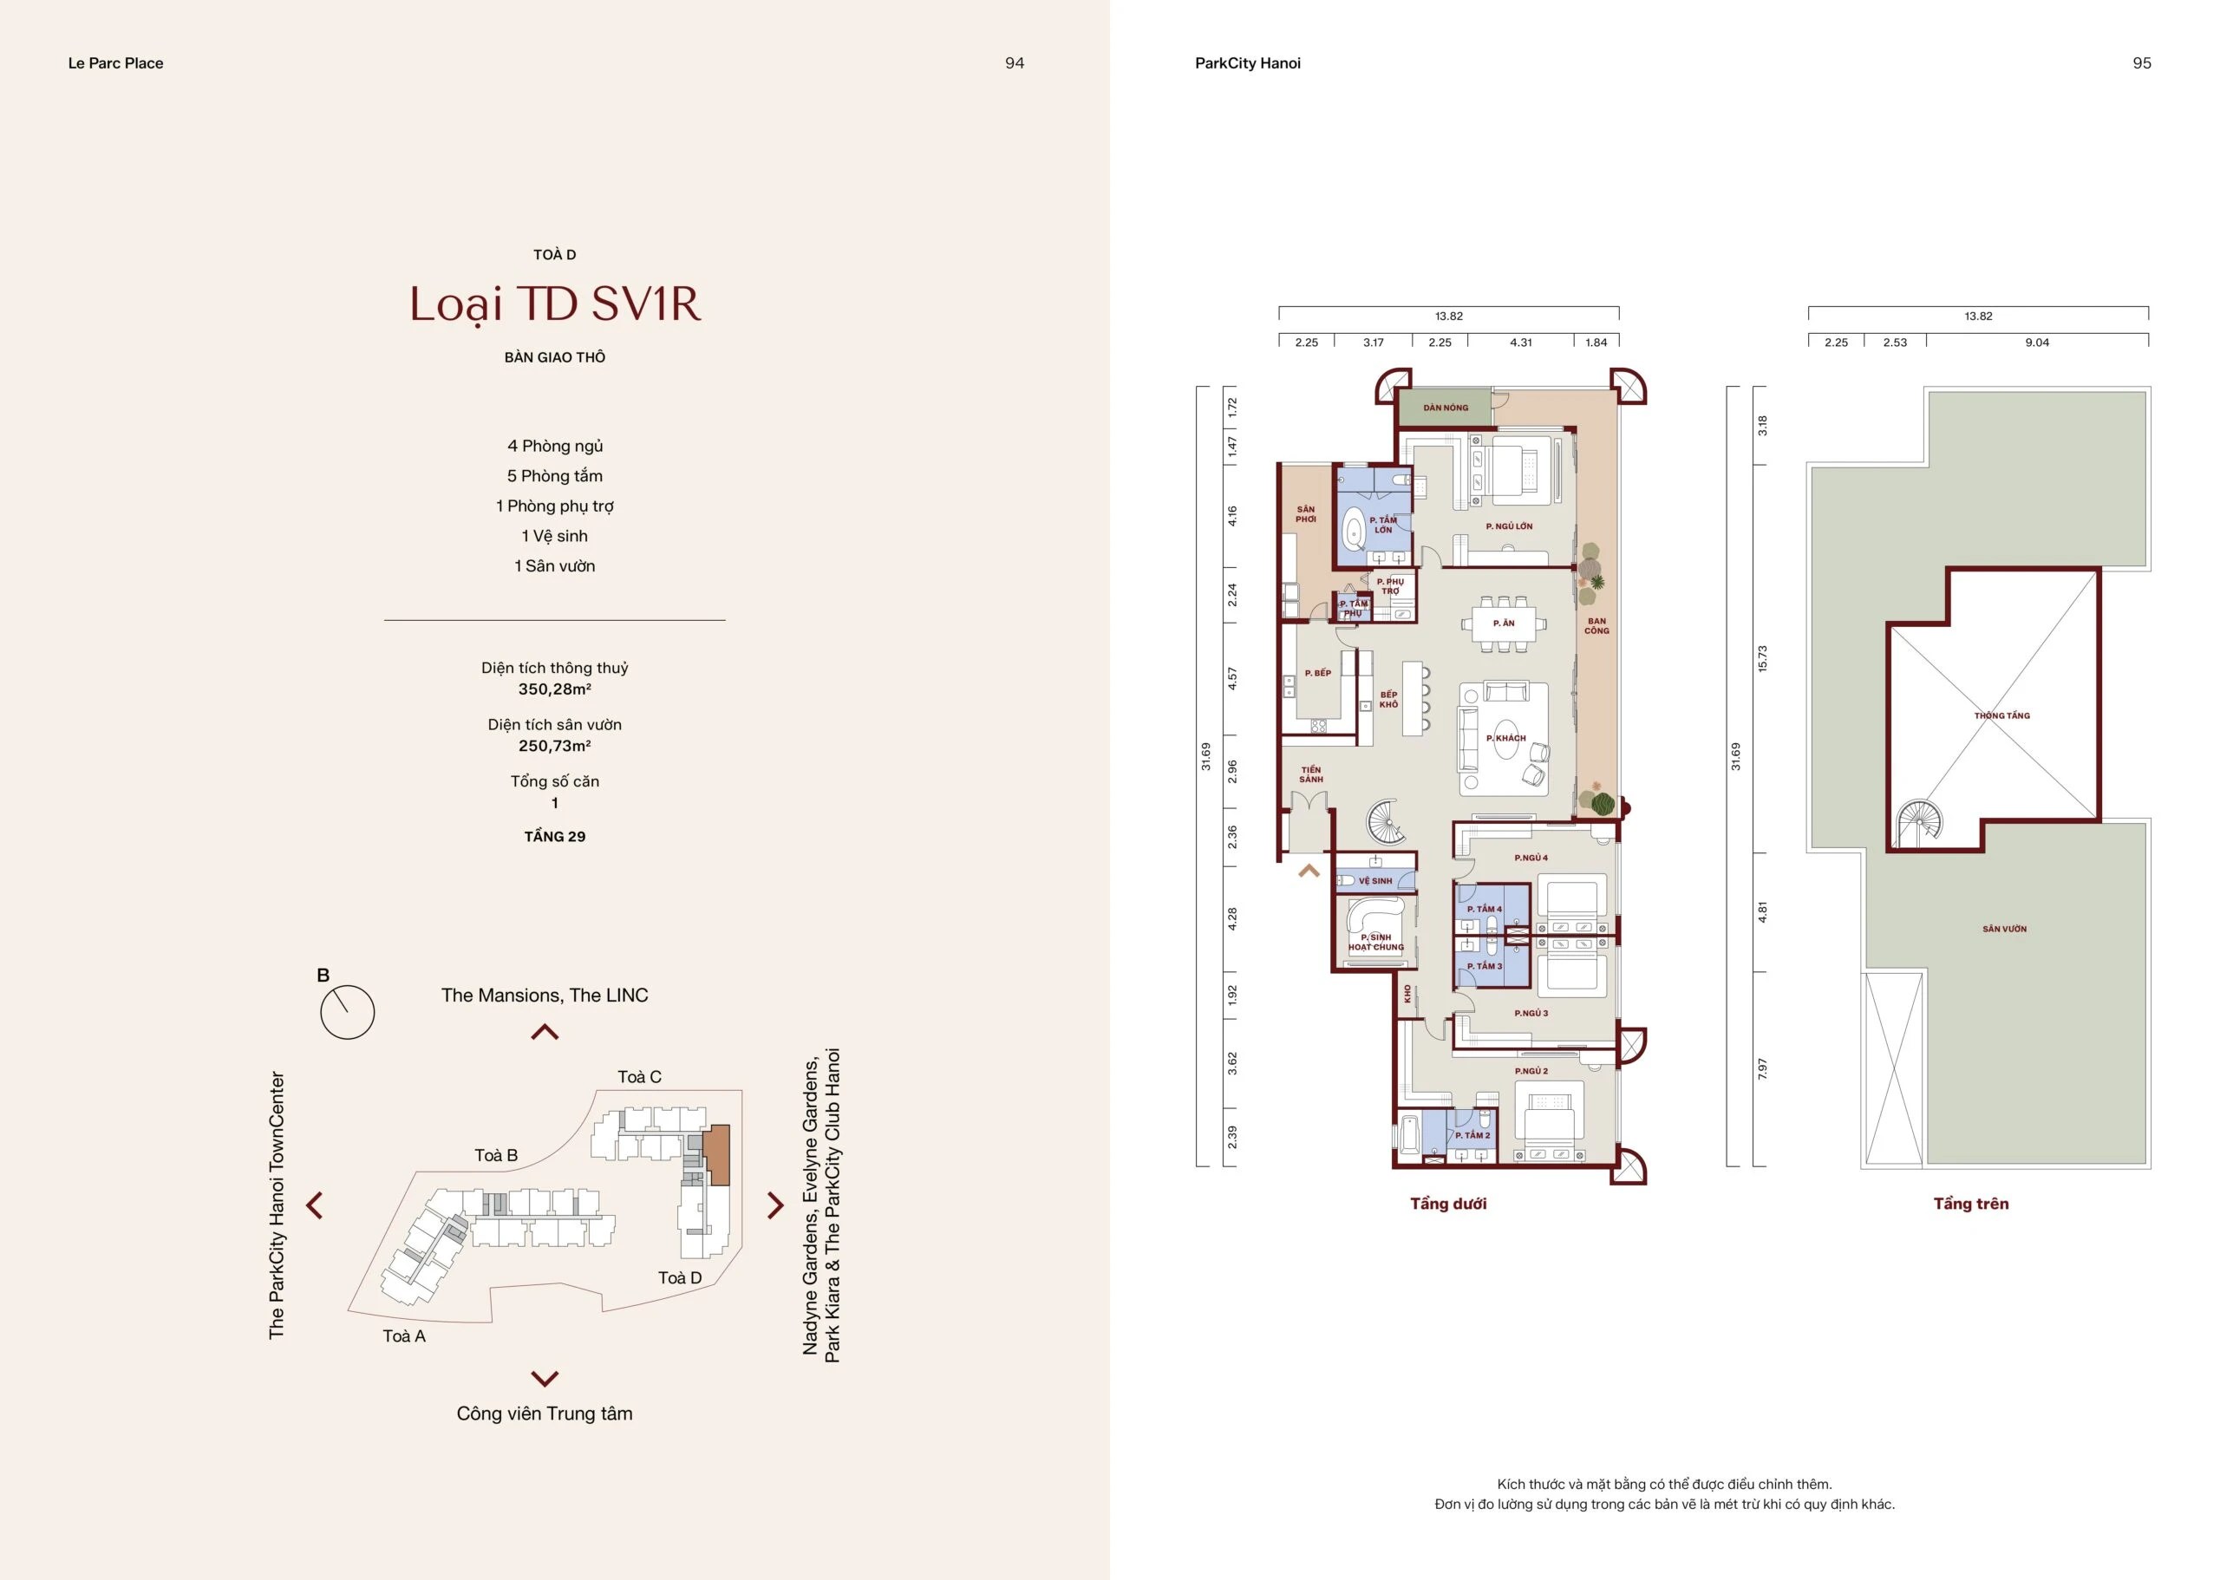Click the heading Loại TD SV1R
[x=554, y=304]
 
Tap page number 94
[x=1015, y=63]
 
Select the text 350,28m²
[x=554, y=689]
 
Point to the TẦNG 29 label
[x=554, y=837]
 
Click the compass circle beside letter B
[x=347, y=1012]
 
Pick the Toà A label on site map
[x=404, y=1335]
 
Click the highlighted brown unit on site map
[x=716, y=1155]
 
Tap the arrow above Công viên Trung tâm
[x=545, y=1378]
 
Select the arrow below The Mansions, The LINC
[x=545, y=1031]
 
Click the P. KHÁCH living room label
[x=1506, y=739]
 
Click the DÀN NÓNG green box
[x=1446, y=408]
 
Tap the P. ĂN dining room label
[x=1504, y=624]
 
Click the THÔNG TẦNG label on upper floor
[x=2002, y=716]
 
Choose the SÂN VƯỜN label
[x=2005, y=929]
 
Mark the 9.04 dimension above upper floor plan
[x=2037, y=343]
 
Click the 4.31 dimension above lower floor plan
[x=1520, y=343]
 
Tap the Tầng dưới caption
[x=1448, y=1204]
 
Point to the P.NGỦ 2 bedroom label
[x=1531, y=1071]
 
